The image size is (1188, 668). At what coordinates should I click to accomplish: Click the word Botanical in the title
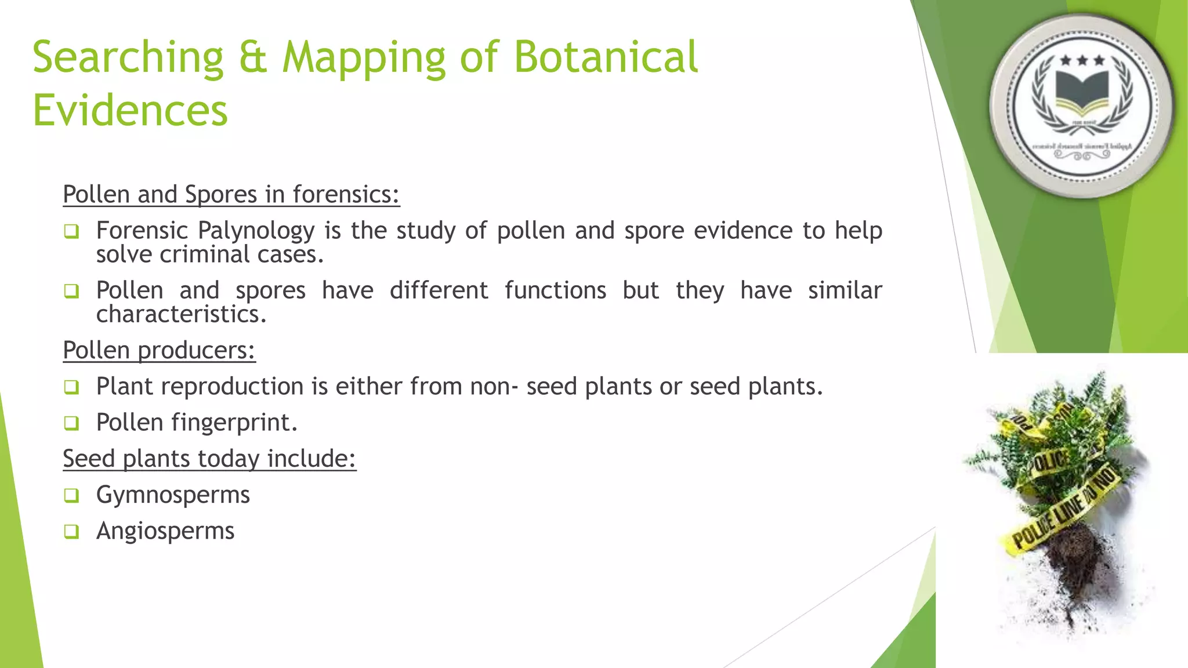(606, 57)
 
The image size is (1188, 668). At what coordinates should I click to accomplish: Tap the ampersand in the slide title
(253, 57)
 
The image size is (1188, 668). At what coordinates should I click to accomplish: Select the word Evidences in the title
(130, 111)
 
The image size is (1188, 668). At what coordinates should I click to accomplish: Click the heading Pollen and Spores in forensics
(231, 194)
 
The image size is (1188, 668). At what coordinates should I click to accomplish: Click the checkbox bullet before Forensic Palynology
(71, 232)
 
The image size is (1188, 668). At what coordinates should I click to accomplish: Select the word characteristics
(181, 314)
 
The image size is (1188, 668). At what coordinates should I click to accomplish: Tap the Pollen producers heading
(159, 350)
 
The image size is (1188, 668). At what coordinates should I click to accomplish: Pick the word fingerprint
(234, 423)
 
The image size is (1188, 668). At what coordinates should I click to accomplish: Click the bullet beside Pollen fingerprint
(71, 423)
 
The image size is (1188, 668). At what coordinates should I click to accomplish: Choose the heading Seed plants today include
(209, 459)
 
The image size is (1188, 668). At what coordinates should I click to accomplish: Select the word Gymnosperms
(173, 495)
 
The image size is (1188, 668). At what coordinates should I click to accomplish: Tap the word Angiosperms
(165, 531)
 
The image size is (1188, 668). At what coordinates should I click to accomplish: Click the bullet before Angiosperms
(71, 531)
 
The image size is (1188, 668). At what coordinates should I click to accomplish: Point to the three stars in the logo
(1082, 60)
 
